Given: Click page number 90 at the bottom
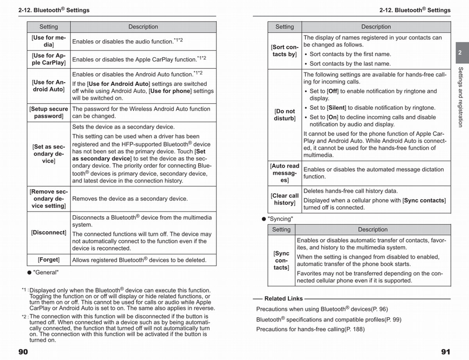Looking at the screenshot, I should pos(23,352).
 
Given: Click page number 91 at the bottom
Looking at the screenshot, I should pos(446,352).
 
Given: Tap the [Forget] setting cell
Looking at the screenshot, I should pos(48,260).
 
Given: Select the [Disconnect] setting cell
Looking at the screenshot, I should pos(48,233).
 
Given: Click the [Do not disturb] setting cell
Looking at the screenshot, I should pos(285,115).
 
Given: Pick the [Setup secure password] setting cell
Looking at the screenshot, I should pos(48,113).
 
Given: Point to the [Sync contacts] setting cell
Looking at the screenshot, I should pos(281,260).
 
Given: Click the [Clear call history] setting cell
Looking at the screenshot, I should pos(285,199).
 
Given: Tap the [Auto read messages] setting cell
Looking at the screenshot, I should pos(285,173).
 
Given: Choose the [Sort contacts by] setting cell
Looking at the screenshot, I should pos(285,51).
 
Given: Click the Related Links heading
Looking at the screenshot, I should pos(283,299).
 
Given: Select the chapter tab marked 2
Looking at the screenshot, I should pos(460,53).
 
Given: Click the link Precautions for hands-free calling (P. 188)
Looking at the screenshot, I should pos(310,329).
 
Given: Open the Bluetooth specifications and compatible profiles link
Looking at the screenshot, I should pos(329,319).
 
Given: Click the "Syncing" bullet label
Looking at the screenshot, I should pos(280,219).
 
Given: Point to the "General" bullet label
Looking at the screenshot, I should pos(45,272).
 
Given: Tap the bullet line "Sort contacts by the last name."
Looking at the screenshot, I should pos(350,64).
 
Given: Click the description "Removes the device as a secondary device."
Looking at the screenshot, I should pos(130,199).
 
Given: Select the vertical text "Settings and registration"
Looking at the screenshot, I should pos(460,97).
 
